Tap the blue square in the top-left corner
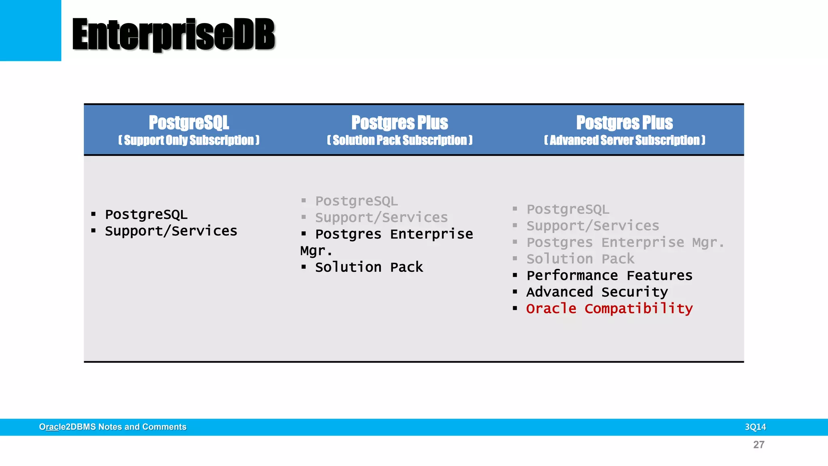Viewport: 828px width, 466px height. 30,30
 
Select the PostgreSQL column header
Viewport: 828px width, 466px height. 189,123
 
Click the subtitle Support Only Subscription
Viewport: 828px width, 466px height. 189,140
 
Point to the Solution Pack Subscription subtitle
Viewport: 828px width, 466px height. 399,140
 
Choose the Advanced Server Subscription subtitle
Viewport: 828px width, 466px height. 624,140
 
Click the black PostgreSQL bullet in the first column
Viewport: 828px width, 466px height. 146,214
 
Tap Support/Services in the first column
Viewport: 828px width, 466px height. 171,231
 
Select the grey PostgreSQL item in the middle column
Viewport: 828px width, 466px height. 356,201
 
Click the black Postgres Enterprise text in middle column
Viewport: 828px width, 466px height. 394,234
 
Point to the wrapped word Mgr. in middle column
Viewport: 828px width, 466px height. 316,251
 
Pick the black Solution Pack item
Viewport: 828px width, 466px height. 369,267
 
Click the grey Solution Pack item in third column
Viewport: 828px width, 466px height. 580,259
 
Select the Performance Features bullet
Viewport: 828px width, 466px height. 609,275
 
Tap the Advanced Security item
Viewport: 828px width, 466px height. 597,292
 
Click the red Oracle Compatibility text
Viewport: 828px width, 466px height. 609,309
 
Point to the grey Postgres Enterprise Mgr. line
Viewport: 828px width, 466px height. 625,242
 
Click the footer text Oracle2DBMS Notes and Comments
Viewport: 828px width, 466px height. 113,427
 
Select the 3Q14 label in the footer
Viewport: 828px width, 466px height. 755,427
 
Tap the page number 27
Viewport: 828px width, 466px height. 758,445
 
